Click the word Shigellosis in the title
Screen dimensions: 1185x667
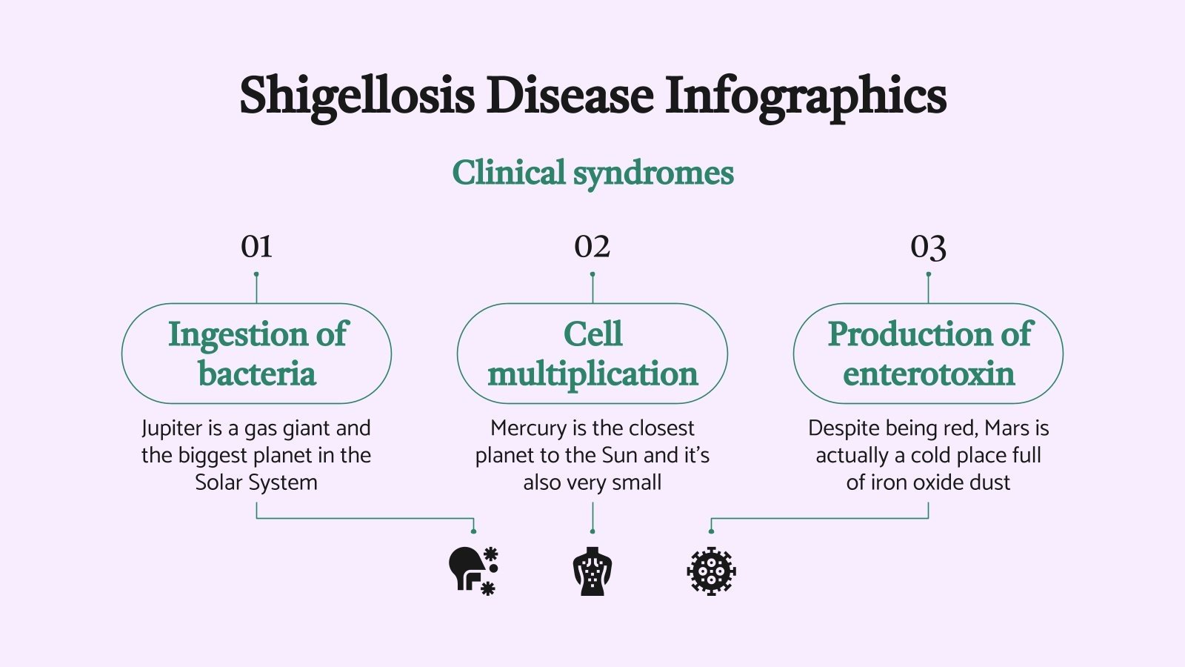[x=356, y=96]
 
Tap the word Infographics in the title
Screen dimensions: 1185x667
[x=805, y=96]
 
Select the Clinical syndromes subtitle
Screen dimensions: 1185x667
[x=592, y=173]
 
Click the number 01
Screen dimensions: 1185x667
[x=256, y=247]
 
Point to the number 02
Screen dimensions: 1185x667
[x=592, y=247]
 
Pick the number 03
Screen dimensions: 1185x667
[x=928, y=247]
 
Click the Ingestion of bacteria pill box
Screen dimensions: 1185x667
[x=256, y=354]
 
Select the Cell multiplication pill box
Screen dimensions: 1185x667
[x=592, y=354]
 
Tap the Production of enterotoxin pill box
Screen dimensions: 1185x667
[x=928, y=354]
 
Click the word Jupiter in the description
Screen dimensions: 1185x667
[x=171, y=429]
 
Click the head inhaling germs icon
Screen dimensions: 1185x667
[x=473, y=571]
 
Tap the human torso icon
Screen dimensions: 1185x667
[x=592, y=571]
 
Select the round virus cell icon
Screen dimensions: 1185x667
[x=711, y=571]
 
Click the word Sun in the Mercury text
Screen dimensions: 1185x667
[x=621, y=455]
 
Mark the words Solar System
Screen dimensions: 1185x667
[x=256, y=482]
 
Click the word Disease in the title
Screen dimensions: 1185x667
[x=570, y=96]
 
